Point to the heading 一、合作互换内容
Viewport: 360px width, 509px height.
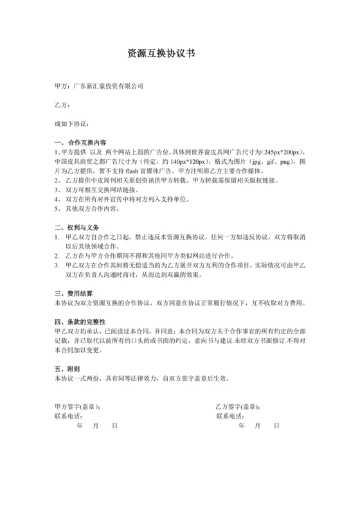(x=80, y=142)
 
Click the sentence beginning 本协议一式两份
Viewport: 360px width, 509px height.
(x=141, y=379)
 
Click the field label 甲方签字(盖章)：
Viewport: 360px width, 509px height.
(x=78, y=407)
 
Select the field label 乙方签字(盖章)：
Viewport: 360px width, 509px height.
(x=242, y=407)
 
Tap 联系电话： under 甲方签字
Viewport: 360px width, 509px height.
(x=69, y=416)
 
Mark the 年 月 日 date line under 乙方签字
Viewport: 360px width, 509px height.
(x=258, y=425)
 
